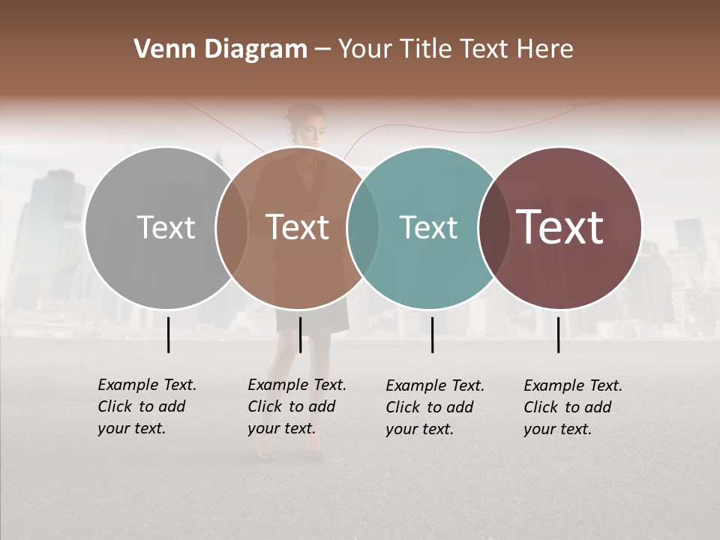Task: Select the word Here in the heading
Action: (545, 49)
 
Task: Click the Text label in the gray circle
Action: (166, 228)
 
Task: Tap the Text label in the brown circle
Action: (298, 228)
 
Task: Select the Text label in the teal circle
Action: (428, 228)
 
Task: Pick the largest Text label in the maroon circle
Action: (559, 228)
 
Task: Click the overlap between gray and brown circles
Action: (232, 228)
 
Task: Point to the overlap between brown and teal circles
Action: (363, 228)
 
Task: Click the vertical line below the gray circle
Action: (169, 334)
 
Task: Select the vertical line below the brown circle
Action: (300, 334)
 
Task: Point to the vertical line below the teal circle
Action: (433, 334)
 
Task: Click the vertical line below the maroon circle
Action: (559, 334)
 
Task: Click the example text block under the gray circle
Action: (146, 406)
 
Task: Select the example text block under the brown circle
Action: (296, 406)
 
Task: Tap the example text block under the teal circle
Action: (434, 407)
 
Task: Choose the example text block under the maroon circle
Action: (572, 407)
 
